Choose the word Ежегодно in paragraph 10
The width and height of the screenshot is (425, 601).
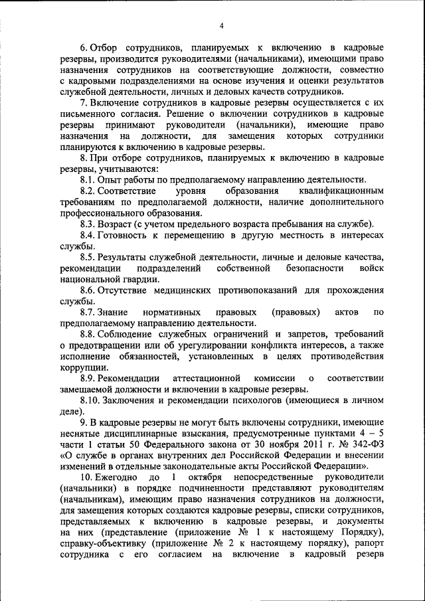[x=118, y=477]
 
